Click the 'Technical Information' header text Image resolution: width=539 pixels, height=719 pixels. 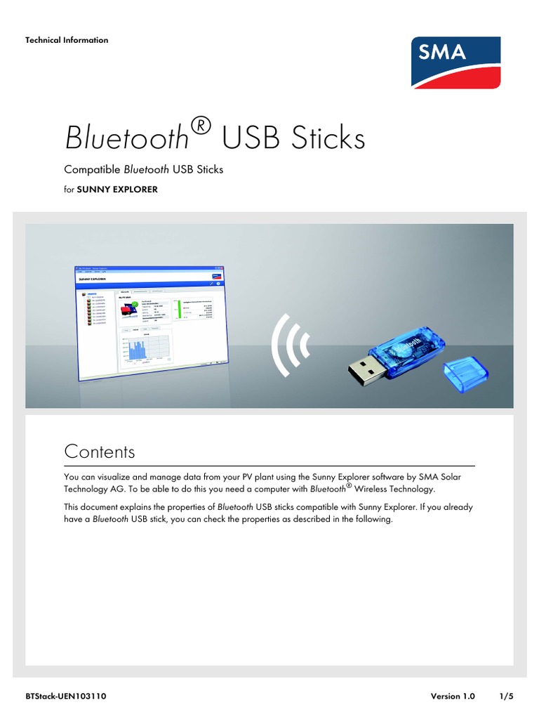[x=67, y=40]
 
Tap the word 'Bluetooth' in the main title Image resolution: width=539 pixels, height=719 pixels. [x=127, y=138]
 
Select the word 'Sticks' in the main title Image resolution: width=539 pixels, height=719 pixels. [x=330, y=138]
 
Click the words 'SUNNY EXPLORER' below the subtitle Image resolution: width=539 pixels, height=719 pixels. [x=117, y=189]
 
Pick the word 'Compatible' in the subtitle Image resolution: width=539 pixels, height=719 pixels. [x=92, y=170]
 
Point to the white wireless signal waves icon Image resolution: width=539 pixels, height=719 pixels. [x=291, y=344]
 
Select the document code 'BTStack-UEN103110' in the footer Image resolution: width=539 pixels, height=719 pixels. [x=66, y=697]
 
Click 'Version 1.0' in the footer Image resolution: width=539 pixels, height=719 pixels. [x=453, y=697]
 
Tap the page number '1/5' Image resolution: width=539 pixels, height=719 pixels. [x=506, y=697]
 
